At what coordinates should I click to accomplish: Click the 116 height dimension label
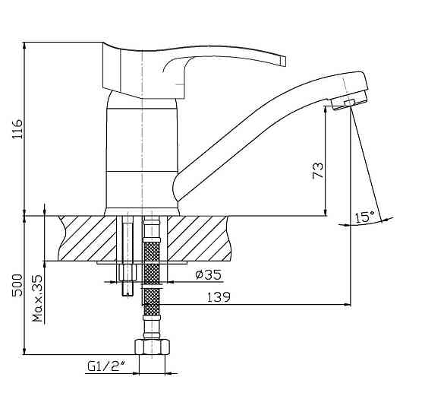click(18, 128)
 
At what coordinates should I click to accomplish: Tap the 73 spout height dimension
click(318, 170)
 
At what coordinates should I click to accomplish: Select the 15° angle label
click(365, 217)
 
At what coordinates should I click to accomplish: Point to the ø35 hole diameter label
click(208, 274)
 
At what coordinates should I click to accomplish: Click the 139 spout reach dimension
click(219, 297)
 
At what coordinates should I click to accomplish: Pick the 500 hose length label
click(17, 285)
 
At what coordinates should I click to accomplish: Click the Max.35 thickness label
click(38, 298)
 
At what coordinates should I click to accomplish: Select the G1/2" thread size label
click(106, 366)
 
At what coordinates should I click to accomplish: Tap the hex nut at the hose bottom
click(152, 347)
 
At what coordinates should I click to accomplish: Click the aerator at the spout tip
click(349, 103)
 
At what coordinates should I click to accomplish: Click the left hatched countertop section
click(87, 239)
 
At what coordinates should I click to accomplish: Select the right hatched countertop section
click(199, 239)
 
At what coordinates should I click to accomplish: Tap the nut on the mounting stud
click(127, 273)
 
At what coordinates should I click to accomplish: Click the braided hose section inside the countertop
click(151, 252)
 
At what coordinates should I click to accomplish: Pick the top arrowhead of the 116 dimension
click(25, 46)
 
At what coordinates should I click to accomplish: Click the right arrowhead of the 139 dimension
click(348, 305)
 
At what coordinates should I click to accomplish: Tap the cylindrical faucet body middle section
click(141, 140)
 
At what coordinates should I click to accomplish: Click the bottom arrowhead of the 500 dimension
click(25, 350)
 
